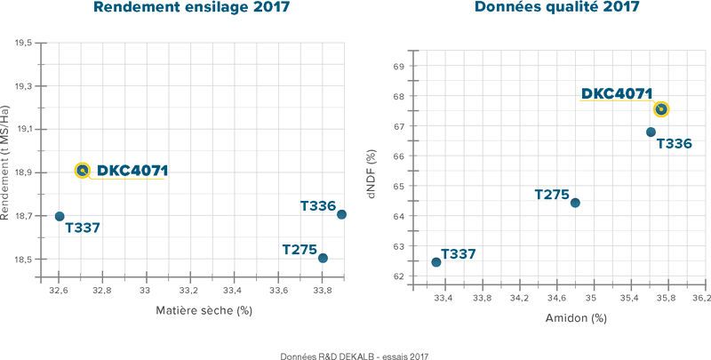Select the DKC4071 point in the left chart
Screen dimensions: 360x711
[83, 170]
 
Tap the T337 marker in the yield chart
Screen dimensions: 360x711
[60, 216]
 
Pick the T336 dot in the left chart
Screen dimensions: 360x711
[341, 214]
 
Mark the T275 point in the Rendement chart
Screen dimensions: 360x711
[323, 258]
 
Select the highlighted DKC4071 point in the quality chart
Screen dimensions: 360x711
[660, 109]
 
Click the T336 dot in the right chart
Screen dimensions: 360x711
[651, 132]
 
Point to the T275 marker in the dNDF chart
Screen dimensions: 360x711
[575, 203]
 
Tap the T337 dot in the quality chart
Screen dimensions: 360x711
[435, 262]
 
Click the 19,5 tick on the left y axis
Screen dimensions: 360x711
[24, 43]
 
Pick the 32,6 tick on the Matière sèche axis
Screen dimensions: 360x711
[59, 289]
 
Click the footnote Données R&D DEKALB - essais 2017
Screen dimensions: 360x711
[355, 353]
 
